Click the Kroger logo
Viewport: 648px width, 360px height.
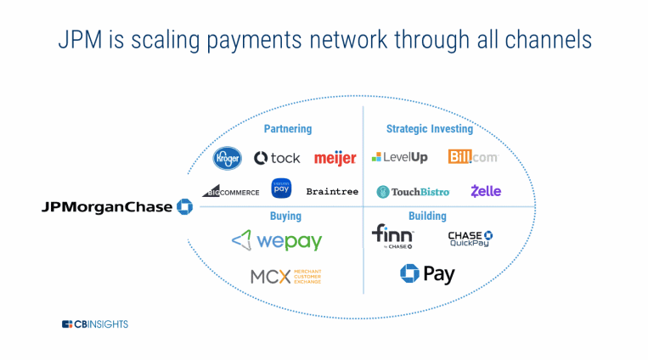click(x=228, y=158)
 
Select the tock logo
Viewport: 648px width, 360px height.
click(x=277, y=158)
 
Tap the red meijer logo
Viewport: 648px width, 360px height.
click(x=335, y=158)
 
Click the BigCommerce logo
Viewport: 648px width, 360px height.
click(x=231, y=191)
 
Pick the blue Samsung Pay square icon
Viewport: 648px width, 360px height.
click(x=281, y=188)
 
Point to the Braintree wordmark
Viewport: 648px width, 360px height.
click(x=332, y=192)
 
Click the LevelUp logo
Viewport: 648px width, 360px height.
click(x=399, y=157)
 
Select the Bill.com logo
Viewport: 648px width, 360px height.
click(x=472, y=157)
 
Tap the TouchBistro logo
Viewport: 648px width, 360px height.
click(x=413, y=192)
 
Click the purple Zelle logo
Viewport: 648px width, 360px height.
click(x=486, y=191)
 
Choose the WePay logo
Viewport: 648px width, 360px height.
click(x=277, y=241)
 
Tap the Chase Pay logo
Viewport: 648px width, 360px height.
click(x=427, y=274)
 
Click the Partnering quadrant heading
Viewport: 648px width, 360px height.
click(x=287, y=129)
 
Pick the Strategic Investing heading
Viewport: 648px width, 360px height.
click(x=430, y=129)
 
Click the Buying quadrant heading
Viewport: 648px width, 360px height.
click(x=285, y=217)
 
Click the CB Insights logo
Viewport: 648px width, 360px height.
click(x=95, y=324)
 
